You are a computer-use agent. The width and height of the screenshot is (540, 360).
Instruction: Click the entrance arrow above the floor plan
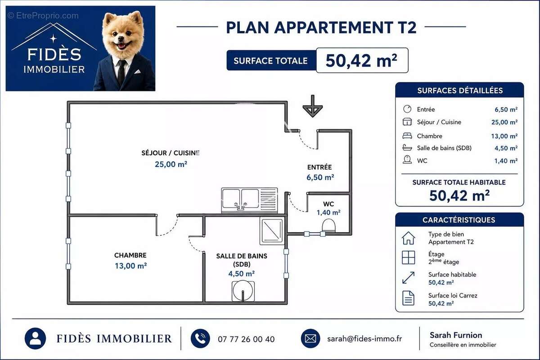coord(313,106)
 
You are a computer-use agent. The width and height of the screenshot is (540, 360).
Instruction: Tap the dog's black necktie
coord(121,72)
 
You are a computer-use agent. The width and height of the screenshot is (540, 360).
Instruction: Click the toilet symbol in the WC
coord(328,226)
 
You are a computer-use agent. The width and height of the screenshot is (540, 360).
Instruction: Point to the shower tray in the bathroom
coord(272,230)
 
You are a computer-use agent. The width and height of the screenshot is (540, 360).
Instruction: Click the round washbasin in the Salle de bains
coord(243,291)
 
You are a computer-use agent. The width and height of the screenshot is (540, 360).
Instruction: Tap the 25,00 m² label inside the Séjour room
coord(171,164)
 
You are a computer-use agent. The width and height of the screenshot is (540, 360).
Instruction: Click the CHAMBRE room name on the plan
coord(130,255)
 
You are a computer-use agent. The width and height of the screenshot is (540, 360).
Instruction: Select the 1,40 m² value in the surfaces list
coord(506,161)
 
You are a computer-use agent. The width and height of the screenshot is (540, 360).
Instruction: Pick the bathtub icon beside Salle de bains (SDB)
coord(407,147)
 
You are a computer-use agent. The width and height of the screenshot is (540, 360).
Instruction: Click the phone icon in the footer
coord(200,338)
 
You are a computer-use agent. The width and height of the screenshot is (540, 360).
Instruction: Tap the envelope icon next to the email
coord(310,338)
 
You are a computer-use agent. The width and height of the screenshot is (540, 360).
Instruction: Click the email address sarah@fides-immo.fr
coord(364,339)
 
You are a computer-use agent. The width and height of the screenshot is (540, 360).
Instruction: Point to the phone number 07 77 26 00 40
coord(246,339)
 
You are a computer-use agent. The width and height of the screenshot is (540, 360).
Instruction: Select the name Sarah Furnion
coord(456,335)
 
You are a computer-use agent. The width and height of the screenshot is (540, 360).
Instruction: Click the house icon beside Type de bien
coord(409,238)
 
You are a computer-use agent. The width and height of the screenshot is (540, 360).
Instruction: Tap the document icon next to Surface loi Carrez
coord(409,298)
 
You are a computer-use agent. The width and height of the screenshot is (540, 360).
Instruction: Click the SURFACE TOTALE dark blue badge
coord(271,60)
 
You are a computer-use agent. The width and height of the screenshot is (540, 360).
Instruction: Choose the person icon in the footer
coord(35,338)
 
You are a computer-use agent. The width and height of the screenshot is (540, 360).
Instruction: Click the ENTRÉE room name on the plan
coord(319,167)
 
